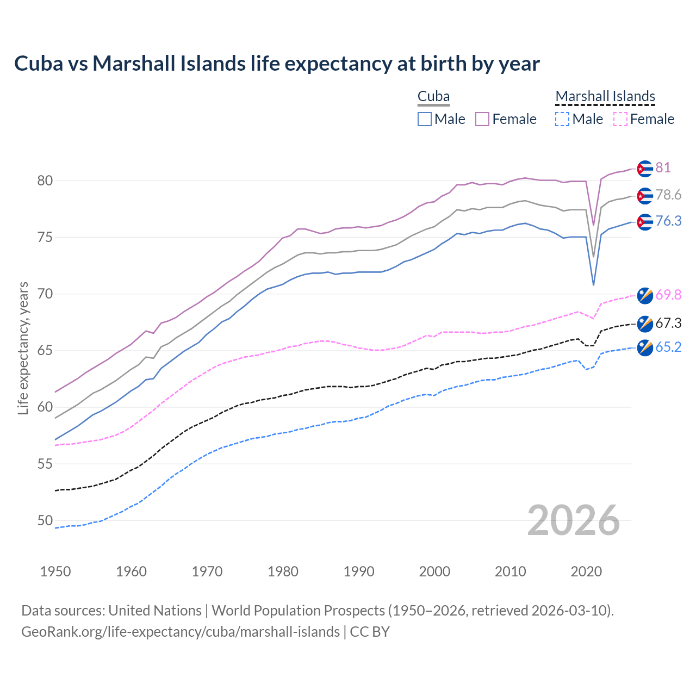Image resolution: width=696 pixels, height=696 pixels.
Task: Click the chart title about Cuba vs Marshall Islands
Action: coord(277,64)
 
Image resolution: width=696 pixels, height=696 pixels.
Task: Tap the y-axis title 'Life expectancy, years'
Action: coord(23,348)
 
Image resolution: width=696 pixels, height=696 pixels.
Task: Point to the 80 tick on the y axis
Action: coord(45,181)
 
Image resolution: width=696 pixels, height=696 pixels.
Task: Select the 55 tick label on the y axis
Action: coord(45,464)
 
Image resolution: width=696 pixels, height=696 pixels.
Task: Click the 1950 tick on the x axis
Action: coord(55,571)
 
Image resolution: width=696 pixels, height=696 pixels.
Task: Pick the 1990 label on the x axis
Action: coord(359,571)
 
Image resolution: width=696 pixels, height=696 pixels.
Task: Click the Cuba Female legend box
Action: coord(482,119)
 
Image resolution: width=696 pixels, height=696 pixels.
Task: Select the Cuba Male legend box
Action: coord(425,119)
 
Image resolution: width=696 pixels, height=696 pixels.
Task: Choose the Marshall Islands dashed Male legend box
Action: coord(562,119)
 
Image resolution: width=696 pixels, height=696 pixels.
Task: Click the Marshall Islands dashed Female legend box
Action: coord(620,119)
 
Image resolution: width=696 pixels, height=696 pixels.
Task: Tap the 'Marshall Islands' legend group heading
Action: coord(605,96)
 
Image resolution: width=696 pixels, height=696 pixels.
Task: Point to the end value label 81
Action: coord(663,167)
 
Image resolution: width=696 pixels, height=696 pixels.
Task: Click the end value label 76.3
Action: coord(668,221)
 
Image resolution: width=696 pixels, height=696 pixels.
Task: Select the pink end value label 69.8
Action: coord(668,295)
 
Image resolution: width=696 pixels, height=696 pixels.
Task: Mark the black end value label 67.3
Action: coord(668,323)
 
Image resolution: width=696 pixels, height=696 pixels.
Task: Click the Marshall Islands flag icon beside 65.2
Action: coord(644,347)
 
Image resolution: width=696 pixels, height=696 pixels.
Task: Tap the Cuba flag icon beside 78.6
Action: coord(644,195)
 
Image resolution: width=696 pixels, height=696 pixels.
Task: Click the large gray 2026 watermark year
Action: coord(573,520)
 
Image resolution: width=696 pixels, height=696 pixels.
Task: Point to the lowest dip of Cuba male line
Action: coord(593,285)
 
